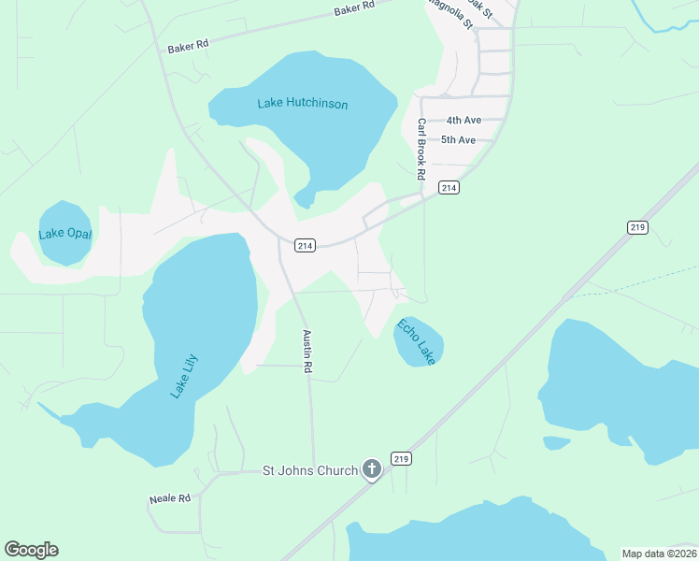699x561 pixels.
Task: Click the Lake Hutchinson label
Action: [x=303, y=104]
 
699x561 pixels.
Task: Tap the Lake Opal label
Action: [x=65, y=234]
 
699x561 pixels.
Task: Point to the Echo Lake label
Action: [x=417, y=342]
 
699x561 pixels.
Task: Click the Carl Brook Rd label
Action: [x=421, y=150]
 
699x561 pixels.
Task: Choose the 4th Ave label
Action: [x=463, y=121]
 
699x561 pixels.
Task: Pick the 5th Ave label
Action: [x=459, y=140]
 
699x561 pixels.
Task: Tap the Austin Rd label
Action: [x=306, y=352]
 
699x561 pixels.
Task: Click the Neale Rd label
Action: [x=169, y=499]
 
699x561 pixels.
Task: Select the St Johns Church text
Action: [x=309, y=470]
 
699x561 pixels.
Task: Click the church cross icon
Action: [x=372, y=469]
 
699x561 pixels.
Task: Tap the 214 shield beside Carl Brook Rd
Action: [x=449, y=189]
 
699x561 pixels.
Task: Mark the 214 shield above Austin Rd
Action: [x=304, y=245]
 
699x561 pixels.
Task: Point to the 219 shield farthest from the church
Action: [x=638, y=227]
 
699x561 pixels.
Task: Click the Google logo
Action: [x=31, y=550]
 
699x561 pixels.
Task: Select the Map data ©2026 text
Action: [x=658, y=554]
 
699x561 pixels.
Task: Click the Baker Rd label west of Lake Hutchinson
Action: [x=188, y=45]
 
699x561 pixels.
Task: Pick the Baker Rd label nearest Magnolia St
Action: [x=354, y=7]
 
